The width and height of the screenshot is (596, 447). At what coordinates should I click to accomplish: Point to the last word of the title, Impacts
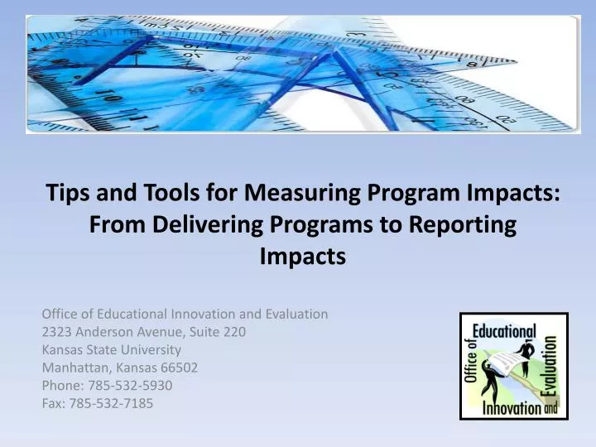[x=302, y=257]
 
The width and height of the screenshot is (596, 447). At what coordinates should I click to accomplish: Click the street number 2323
[x=55, y=331]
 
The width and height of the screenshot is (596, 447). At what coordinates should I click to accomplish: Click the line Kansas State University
[x=111, y=349]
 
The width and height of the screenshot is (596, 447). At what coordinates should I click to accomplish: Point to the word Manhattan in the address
[x=72, y=367]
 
